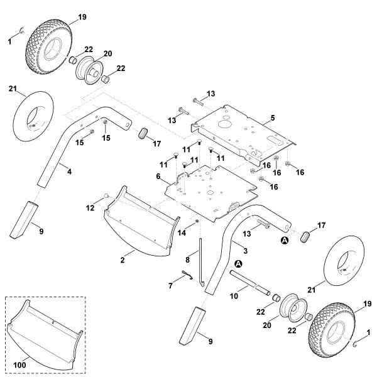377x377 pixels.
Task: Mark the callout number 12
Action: [90, 207]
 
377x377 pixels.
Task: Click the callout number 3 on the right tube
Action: [245, 250]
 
